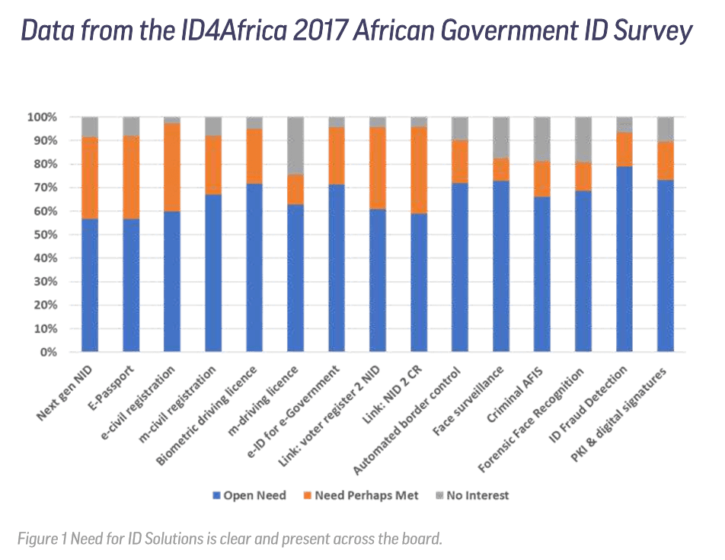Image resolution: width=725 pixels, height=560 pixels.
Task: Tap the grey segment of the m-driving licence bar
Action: coord(296,146)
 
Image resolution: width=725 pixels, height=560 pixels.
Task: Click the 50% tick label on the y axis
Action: coord(45,235)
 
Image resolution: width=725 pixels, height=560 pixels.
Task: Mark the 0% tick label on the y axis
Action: coord(48,353)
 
